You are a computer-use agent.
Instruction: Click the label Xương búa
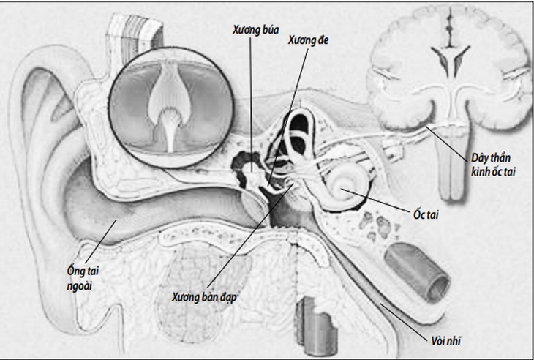click(x=256, y=30)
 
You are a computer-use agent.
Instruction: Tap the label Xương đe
click(x=308, y=40)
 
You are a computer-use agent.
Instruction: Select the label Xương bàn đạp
click(x=204, y=297)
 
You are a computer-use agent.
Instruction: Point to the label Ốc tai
click(x=426, y=214)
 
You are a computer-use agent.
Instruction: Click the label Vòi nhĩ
click(x=446, y=340)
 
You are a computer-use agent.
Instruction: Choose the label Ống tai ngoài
click(x=83, y=278)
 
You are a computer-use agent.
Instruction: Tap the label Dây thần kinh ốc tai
click(x=493, y=165)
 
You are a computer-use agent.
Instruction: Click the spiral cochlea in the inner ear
click(x=346, y=187)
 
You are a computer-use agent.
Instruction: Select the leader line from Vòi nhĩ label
click(x=404, y=320)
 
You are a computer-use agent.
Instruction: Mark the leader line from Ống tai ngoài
click(x=101, y=241)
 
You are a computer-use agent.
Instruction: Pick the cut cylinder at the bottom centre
click(x=316, y=326)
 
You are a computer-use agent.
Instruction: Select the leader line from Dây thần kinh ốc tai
click(x=447, y=143)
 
